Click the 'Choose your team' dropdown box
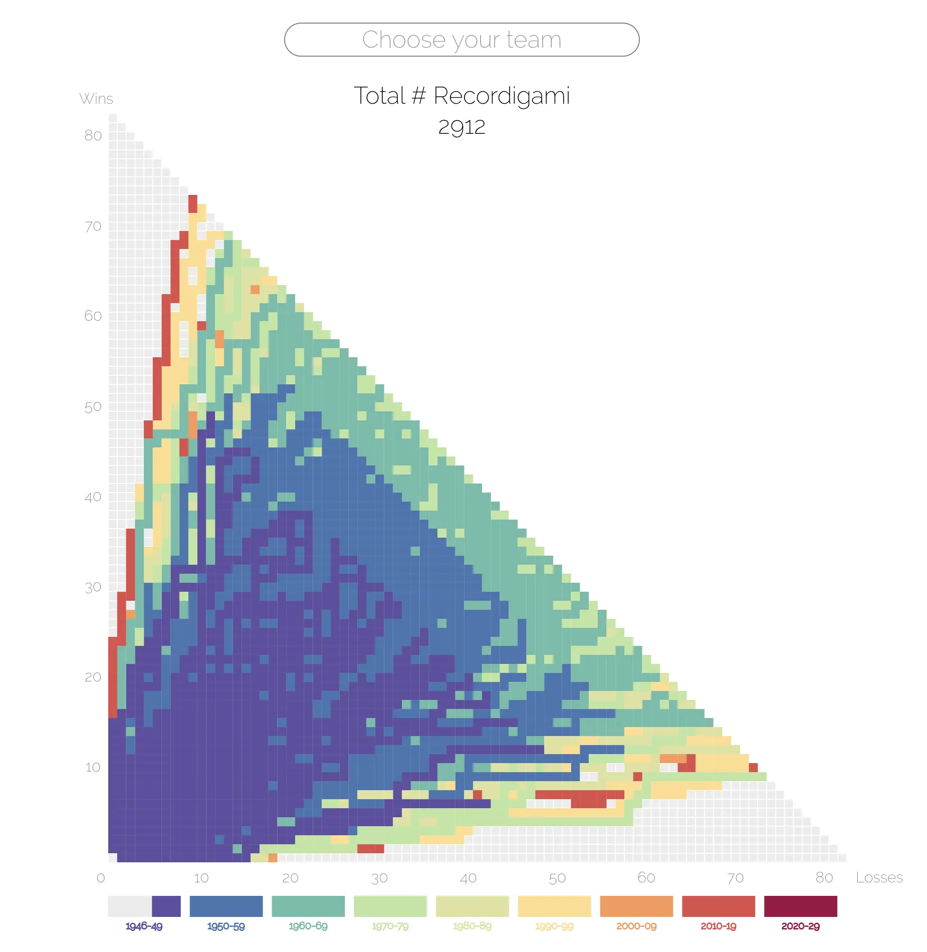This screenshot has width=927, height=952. [461, 40]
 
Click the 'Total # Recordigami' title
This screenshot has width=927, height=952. [461, 96]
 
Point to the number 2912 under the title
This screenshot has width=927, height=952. [461, 127]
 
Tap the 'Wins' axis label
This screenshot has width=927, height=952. [96, 99]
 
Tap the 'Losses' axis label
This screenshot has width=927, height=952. [879, 877]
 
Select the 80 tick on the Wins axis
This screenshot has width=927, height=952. [93, 136]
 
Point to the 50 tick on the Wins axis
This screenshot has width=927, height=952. [93, 407]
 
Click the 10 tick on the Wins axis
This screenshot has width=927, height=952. [93, 768]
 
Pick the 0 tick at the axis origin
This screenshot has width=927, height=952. [101, 878]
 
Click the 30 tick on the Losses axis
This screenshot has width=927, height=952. [379, 878]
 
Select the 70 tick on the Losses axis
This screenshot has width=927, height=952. [735, 878]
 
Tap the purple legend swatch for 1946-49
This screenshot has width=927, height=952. [166, 906]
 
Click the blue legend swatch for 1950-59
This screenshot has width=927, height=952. [226, 906]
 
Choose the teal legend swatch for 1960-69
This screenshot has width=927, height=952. [308, 906]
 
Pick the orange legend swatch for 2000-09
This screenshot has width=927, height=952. [636, 906]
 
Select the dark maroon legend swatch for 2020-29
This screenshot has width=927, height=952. [800, 906]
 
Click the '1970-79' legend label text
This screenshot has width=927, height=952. [390, 926]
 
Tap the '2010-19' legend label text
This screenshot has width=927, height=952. [718, 926]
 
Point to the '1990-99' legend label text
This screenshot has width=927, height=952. [554, 926]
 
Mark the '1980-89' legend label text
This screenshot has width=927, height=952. [472, 926]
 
